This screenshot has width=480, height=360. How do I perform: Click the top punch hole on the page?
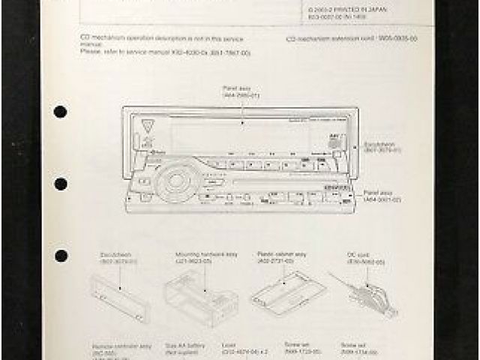(x=60, y=112)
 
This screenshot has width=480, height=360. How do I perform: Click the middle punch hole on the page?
(x=60, y=183)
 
